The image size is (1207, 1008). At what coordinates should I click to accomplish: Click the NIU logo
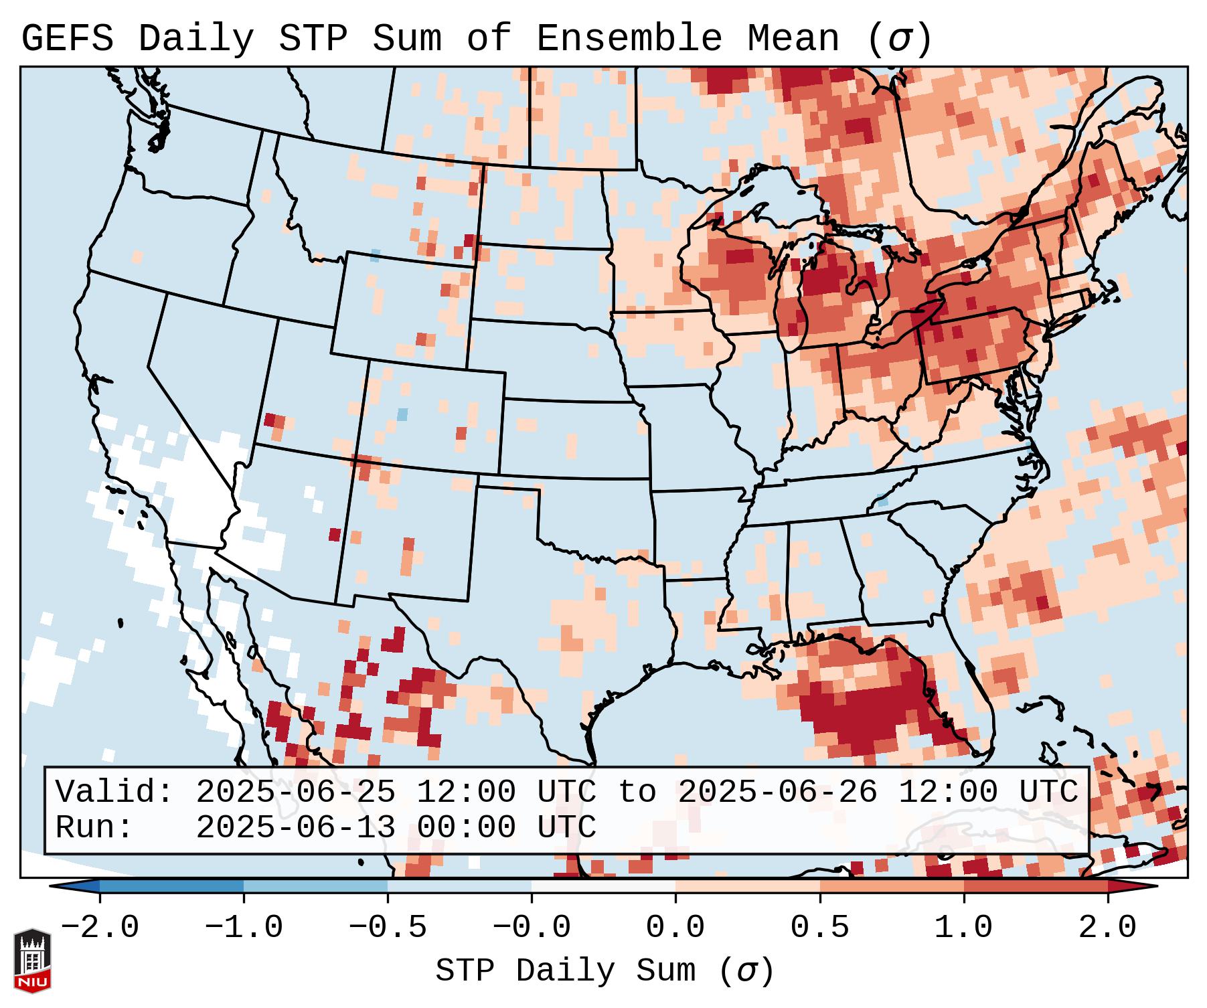tap(32, 960)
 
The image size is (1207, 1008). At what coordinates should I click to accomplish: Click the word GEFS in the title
tap(67, 39)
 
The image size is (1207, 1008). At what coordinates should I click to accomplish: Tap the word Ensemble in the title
tap(629, 39)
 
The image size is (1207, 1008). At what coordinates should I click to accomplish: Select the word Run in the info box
tap(90, 828)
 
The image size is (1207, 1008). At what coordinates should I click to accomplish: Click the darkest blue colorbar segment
tap(171, 886)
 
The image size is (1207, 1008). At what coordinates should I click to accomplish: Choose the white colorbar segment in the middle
tap(603, 886)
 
